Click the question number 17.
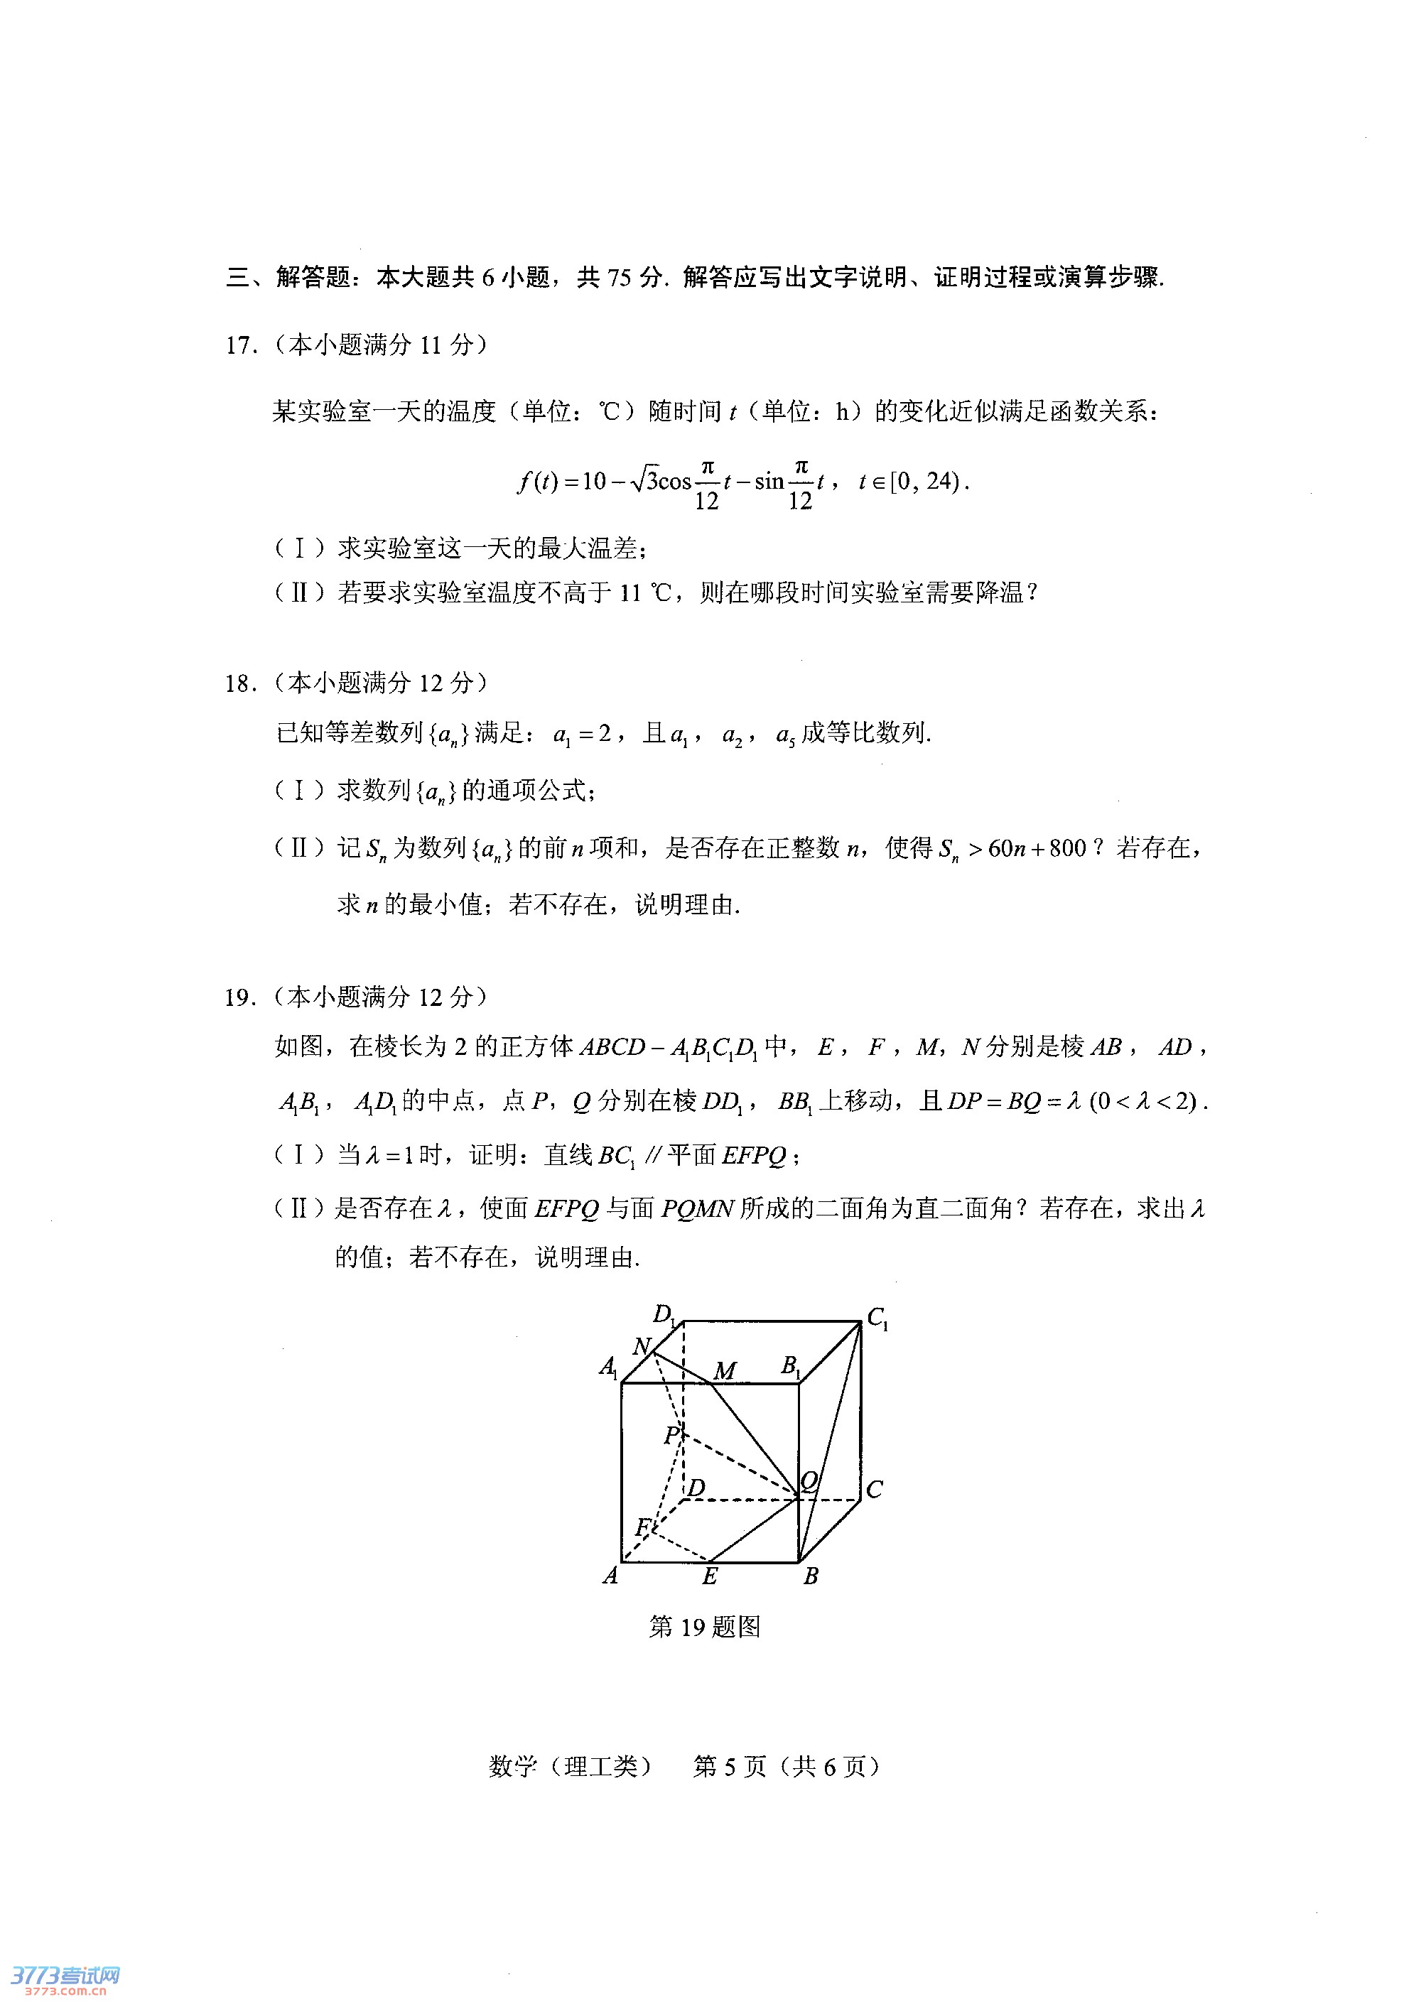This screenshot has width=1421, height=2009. [x=241, y=346]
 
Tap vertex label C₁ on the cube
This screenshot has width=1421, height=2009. [x=877, y=1318]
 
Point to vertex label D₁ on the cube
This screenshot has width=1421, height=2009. [x=664, y=1314]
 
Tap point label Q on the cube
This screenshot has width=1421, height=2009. [x=809, y=1480]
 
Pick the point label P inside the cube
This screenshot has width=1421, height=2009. [x=671, y=1435]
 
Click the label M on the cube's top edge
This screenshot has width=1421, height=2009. [x=725, y=1370]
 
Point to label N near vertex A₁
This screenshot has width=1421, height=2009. [x=642, y=1345]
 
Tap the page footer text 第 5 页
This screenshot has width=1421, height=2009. [x=729, y=1767]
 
